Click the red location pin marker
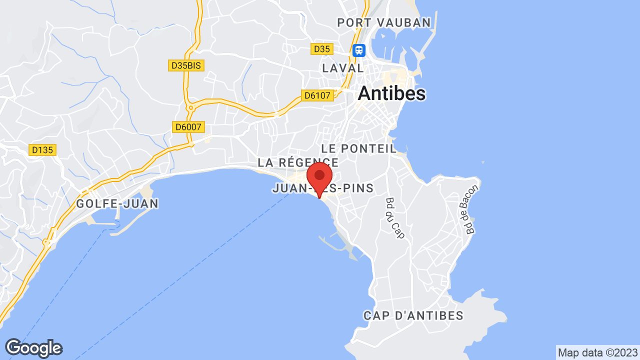319,178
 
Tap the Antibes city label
392,93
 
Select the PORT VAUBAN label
384,22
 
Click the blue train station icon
359,50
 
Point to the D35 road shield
321,49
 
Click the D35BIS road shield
186,65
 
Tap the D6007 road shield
188,127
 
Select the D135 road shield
42,149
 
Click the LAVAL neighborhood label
343,68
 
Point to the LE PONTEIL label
359,148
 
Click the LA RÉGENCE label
298,162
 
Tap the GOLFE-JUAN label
117,203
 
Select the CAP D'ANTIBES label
413,316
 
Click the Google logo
33,348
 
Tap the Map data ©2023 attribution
598,352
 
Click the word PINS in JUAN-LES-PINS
355,188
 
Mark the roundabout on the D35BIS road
190,107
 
